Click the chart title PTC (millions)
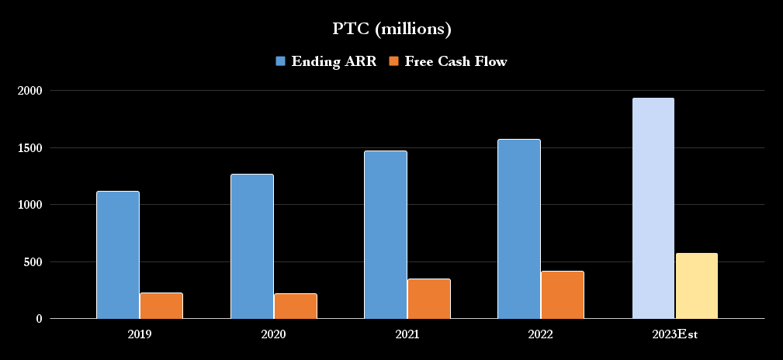(x=392, y=29)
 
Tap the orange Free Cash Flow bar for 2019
(x=161, y=306)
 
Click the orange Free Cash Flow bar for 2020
(x=296, y=306)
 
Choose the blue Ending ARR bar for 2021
(x=386, y=234)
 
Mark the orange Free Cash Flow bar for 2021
(x=429, y=299)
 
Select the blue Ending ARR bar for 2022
(x=519, y=229)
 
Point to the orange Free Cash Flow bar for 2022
(x=563, y=295)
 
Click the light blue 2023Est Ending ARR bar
(x=653, y=208)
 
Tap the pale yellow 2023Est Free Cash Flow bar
(x=697, y=286)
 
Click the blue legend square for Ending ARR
(x=281, y=61)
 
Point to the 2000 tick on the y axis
(x=29, y=91)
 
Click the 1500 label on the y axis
(x=29, y=147)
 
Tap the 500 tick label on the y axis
(x=33, y=261)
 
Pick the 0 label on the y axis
(x=39, y=318)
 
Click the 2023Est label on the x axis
(x=674, y=334)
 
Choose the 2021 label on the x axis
(x=407, y=334)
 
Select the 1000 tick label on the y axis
(x=29, y=205)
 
